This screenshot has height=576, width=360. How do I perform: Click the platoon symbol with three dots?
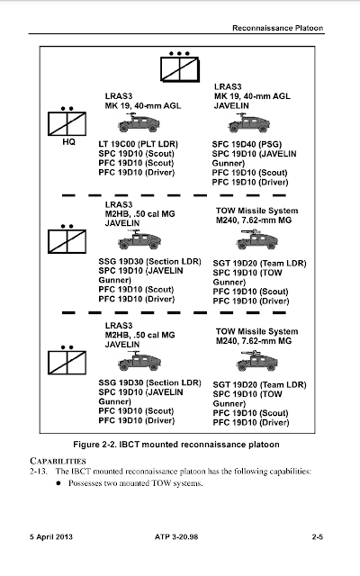point(180,67)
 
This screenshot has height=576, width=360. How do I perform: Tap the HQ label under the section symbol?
point(68,142)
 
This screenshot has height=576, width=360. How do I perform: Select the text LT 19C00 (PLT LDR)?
point(138,144)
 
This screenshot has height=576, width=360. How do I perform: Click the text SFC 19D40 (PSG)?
point(247,144)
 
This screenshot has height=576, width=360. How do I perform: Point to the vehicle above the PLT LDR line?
point(139,122)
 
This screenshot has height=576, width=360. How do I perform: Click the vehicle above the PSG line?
point(248,122)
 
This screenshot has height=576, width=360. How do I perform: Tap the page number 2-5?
point(318,536)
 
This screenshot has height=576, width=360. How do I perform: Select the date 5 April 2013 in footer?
point(51,536)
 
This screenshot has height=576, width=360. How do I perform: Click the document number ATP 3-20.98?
point(176,536)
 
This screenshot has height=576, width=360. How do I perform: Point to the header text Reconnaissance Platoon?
point(278,28)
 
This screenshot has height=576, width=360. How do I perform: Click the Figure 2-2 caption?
point(176,445)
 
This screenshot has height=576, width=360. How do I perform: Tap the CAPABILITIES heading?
point(58,461)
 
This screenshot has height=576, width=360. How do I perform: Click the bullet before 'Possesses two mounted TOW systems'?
point(58,483)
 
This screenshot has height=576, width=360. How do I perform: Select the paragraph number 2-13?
point(38,471)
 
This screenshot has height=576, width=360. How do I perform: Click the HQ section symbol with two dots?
point(67,121)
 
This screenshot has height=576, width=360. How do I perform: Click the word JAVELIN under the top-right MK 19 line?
point(231,106)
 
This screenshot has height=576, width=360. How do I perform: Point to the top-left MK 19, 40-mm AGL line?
point(143,106)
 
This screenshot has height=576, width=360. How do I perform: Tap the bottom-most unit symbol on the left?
point(67,360)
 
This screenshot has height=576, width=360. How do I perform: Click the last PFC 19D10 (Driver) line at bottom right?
point(251,422)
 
